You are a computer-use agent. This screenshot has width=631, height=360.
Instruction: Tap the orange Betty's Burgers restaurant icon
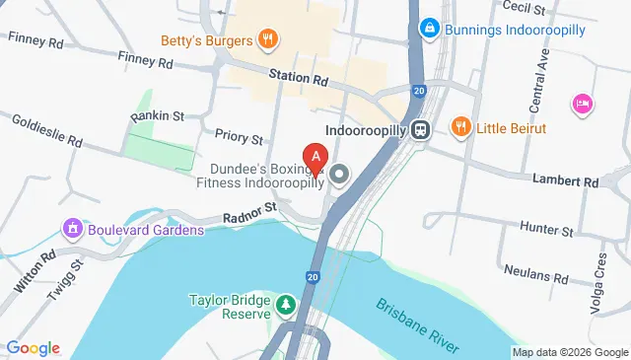pyautogui.click(x=266, y=39)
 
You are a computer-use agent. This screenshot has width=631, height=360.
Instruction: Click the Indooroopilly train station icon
pyautogui.click(x=421, y=129)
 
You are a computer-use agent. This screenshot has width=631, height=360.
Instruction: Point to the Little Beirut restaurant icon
pyautogui.click(x=459, y=126)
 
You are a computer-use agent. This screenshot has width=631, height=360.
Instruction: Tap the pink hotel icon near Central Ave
pyautogui.click(x=582, y=103)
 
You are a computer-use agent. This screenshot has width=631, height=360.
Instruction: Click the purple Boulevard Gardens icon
pyautogui.click(x=71, y=230)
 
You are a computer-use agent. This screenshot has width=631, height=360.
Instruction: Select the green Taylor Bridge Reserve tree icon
pyautogui.click(x=286, y=304)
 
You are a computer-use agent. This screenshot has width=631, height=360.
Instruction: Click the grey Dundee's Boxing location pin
pyautogui.click(x=340, y=177)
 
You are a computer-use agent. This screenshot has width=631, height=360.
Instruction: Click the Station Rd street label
pyautogui.click(x=300, y=77)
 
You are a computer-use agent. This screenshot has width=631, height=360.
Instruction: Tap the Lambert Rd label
pyautogui.click(x=593, y=182)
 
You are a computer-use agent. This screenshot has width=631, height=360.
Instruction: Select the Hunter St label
pyautogui.click(x=553, y=231)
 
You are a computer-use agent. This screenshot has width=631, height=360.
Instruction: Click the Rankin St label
pyautogui.click(x=158, y=116)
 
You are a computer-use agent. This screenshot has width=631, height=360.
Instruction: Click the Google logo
pyautogui.click(x=33, y=348)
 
